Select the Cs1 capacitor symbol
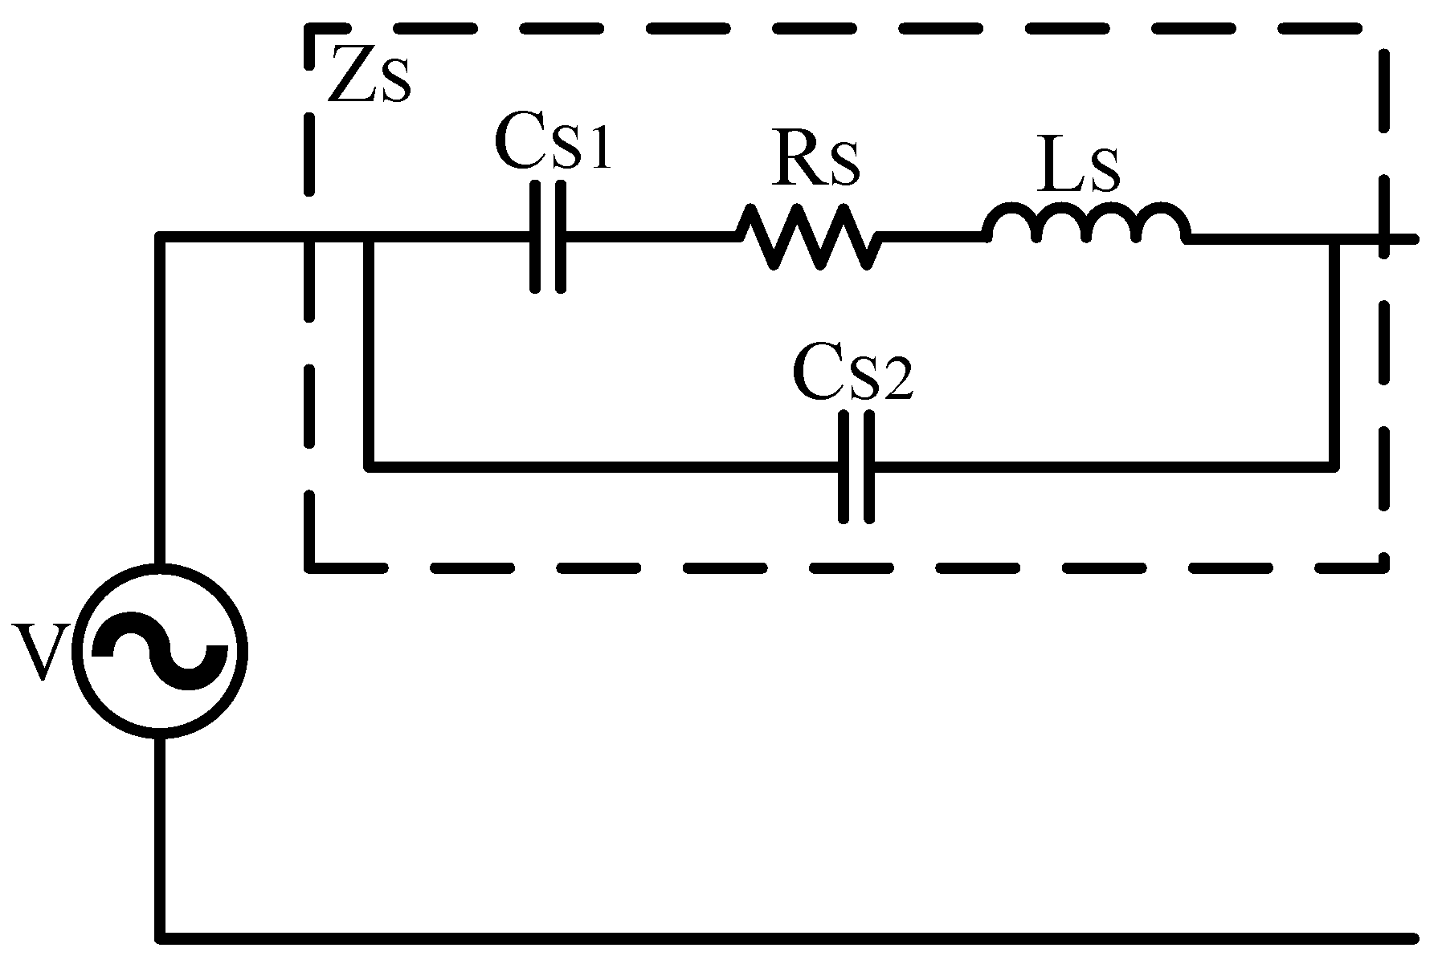coord(549,237)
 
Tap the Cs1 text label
coord(554,143)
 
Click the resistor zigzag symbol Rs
coord(807,236)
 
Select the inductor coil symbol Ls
coord(1086,225)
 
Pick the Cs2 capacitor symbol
coord(856,466)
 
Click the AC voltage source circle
coord(161,650)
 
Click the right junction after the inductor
coord(1334,238)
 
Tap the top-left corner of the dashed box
coord(310,31)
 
